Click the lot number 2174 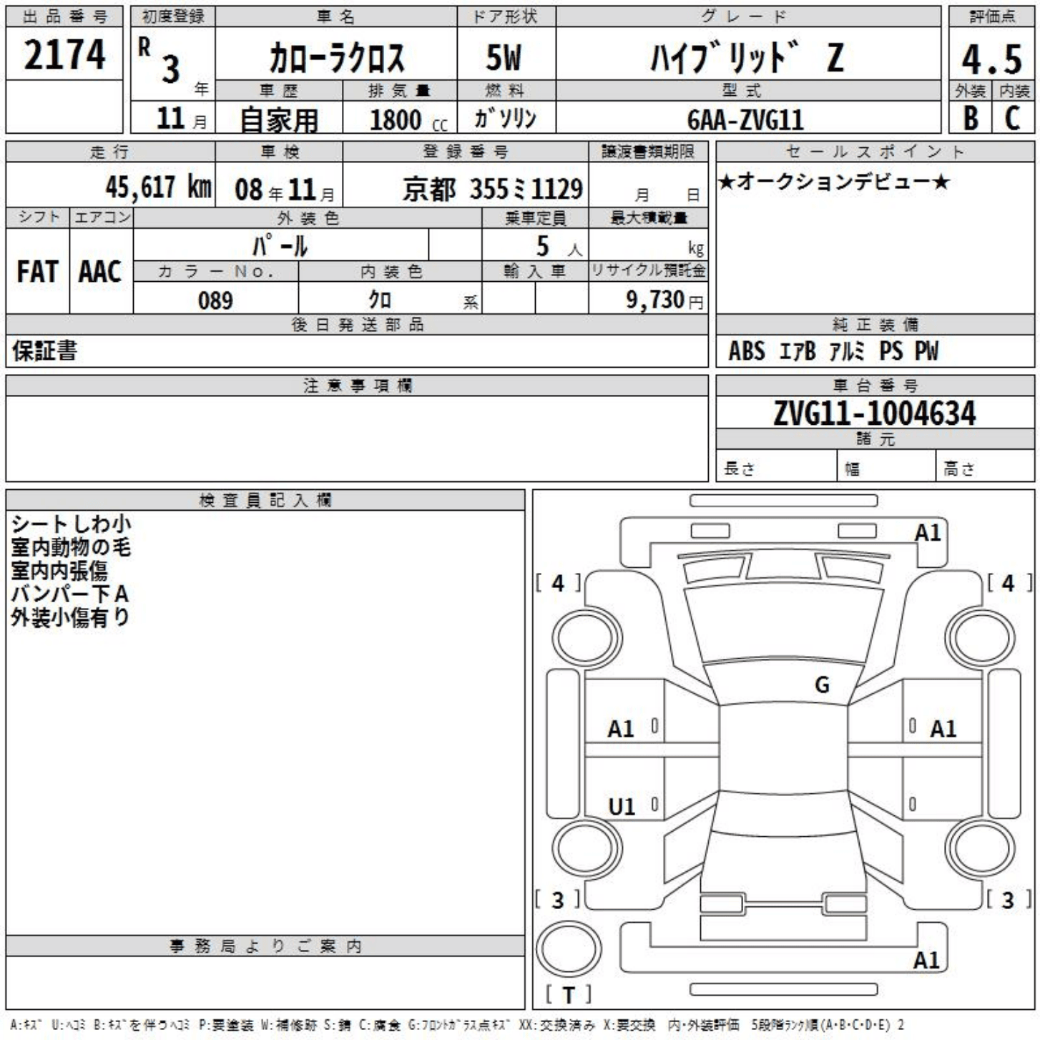pos(64,54)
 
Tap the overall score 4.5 pos(991,59)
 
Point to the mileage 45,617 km pos(158,187)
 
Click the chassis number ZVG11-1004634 pos(874,413)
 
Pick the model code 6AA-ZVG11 pos(745,119)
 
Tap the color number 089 pos(215,300)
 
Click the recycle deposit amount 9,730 pos(655,300)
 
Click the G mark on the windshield pos(822,685)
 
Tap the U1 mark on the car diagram pos(621,807)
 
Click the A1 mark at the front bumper pos(928,533)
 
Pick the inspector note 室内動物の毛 pos(71,547)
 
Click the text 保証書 pos(44,350)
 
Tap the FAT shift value pos(37,272)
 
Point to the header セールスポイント pos(875,152)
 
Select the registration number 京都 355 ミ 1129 pos(492,189)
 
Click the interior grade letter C pos(1012,118)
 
